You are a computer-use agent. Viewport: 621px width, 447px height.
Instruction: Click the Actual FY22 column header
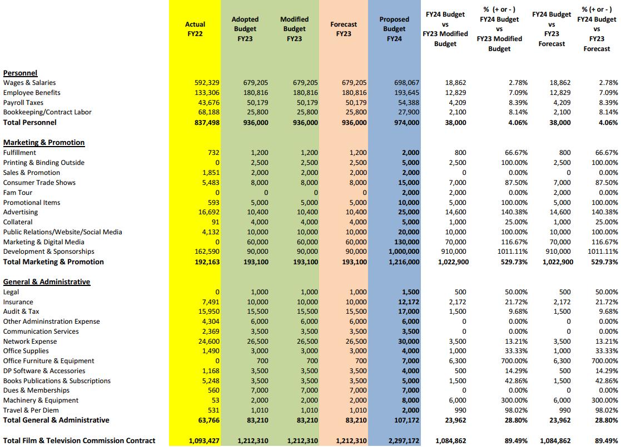195,29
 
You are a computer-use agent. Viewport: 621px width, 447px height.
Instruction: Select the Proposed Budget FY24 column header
394,29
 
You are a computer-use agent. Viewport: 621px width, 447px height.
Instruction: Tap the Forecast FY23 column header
344,29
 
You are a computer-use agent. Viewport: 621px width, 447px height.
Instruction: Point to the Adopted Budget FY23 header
245,29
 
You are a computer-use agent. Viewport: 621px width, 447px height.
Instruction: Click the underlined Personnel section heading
20,73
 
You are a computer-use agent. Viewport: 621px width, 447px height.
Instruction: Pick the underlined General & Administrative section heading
46,282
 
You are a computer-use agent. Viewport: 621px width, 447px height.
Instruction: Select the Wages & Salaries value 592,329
207,83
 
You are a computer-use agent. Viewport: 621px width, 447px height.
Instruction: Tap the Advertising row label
21,212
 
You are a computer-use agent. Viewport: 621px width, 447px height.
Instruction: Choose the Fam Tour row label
18,193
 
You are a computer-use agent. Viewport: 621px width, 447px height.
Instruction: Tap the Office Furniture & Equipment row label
48,361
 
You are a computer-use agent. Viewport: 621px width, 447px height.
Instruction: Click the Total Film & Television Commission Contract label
79,440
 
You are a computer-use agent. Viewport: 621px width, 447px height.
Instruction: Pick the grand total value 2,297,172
401,441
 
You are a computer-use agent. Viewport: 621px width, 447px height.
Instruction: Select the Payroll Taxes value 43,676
209,103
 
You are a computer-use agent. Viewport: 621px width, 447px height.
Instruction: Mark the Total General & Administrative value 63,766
208,420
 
